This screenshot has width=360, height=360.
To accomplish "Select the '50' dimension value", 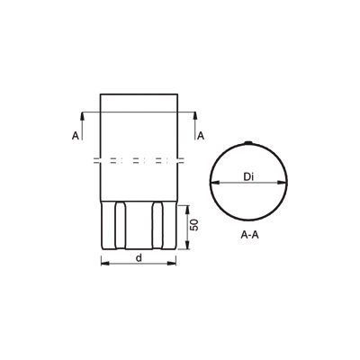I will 193,224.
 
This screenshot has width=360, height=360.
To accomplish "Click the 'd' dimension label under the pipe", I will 137,257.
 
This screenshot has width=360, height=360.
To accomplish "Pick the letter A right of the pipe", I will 200,135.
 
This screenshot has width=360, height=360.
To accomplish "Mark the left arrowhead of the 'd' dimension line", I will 103,264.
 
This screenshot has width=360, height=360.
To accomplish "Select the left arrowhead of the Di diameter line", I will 213,183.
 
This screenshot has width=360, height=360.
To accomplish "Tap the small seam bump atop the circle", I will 248,142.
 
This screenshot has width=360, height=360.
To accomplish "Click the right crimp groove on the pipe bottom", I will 157,229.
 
